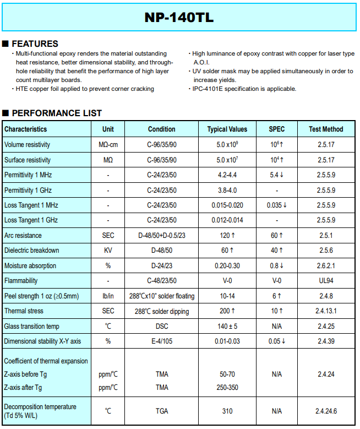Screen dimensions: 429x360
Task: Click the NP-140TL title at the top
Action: coord(179,18)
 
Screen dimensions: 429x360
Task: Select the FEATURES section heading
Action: coord(35,44)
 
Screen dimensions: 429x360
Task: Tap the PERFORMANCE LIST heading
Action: coord(57,113)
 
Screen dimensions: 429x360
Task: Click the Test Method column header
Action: coord(326,129)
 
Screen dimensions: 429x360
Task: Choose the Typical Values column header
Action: coord(227,129)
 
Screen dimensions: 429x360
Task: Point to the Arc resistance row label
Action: coord(23,235)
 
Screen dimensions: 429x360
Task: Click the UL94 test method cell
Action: coord(326,281)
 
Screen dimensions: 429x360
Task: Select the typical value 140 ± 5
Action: coord(227,326)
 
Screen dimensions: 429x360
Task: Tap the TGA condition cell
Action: coord(162,411)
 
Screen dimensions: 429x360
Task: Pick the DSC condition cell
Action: coord(162,326)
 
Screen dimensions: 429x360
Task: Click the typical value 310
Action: coord(227,411)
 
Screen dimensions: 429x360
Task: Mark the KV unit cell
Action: coord(108,251)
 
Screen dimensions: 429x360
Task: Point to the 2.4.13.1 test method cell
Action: coord(326,311)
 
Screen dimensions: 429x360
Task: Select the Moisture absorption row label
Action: coord(30,265)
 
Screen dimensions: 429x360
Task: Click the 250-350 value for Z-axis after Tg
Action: coord(227,387)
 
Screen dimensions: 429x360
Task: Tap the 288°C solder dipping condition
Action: coord(162,311)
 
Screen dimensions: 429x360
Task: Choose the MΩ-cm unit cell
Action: coord(108,144)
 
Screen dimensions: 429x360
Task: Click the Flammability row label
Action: coord(21,281)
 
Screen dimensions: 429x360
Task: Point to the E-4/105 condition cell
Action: coord(162,341)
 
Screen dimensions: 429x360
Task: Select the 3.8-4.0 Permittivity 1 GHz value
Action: coord(227,190)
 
